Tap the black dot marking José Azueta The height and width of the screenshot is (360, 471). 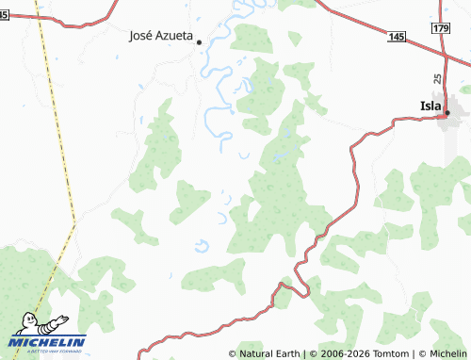click(200, 41)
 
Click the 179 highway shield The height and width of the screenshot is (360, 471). click(442, 30)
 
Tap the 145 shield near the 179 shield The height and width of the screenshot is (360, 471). click(397, 36)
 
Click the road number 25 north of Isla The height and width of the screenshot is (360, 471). click(438, 79)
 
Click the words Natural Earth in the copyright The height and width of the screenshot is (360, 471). click(269, 353)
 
